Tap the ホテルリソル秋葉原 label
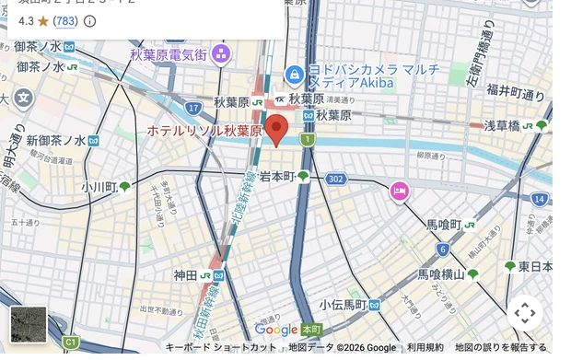(204, 132)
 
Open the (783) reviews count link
(65, 20)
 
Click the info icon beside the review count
(90, 20)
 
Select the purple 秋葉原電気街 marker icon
(220, 53)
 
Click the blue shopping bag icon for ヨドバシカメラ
(294, 73)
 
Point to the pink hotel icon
(399, 191)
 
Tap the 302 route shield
(335, 179)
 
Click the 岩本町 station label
(276, 176)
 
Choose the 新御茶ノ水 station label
(55, 141)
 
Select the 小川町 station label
(98, 187)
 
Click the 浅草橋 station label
(502, 125)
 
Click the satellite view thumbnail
(28, 324)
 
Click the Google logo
(276, 330)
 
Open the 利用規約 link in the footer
(425, 347)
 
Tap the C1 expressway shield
(70, 343)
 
